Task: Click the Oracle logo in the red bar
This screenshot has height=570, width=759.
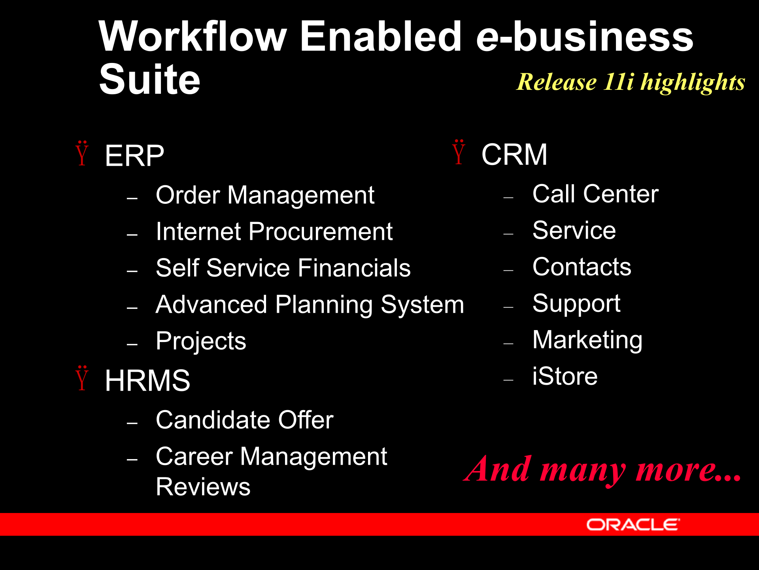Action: tap(632, 525)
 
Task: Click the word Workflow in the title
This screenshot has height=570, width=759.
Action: tap(193, 36)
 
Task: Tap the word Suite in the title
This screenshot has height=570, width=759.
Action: tap(149, 80)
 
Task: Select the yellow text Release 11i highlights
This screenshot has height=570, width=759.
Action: tap(631, 82)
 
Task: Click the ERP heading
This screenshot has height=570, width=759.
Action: tap(134, 156)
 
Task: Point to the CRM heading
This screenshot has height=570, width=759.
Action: tap(514, 154)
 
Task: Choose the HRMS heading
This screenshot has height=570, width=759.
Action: tap(147, 380)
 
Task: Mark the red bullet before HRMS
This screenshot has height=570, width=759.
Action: tap(82, 379)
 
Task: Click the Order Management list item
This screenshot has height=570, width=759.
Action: tap(265, 195)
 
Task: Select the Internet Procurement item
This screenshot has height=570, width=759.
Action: tap(274, 232)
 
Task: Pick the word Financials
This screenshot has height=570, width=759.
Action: tap(354, 268)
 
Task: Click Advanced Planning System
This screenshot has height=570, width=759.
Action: tap(310, 304)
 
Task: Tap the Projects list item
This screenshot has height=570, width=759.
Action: tap(201, 341)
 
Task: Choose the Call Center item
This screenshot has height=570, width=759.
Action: tap(595, 194)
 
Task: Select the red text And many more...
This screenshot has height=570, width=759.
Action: tap(602, 469)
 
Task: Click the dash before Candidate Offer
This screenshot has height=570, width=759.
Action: tap(132, 423)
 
